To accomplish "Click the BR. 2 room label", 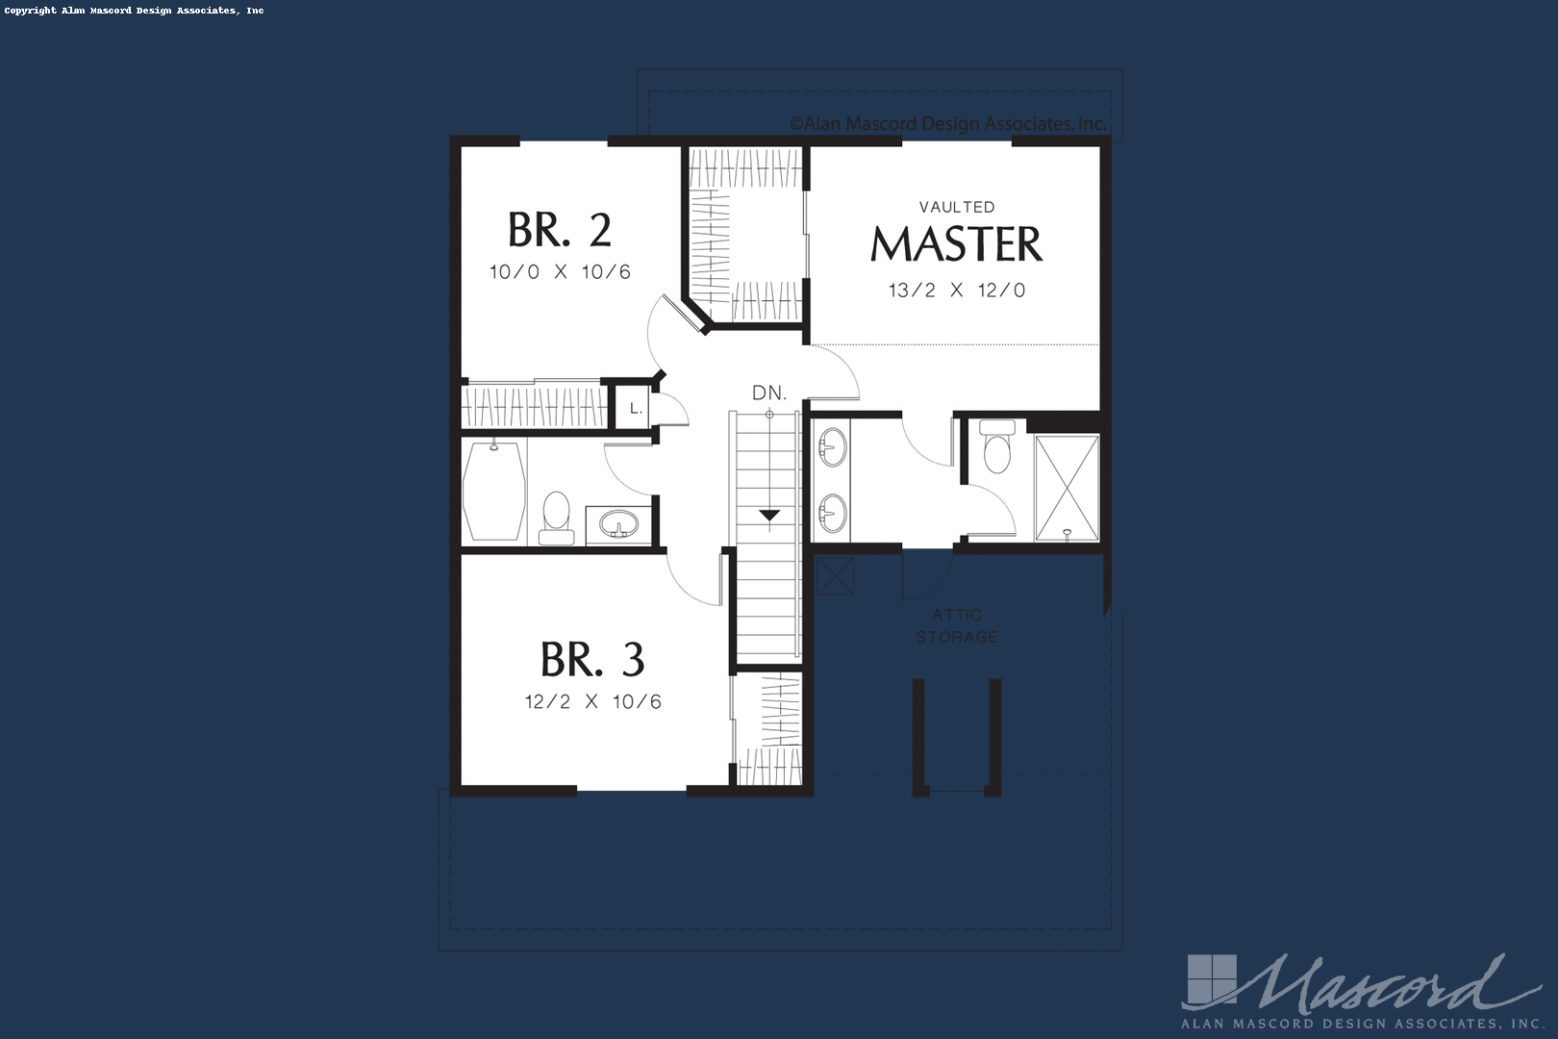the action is tap(560, 230).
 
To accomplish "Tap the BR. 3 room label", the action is tap(592, 659).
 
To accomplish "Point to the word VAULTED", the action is tap(957, 207).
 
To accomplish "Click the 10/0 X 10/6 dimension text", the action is tap(560, 271).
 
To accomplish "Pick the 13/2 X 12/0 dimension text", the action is tap(957, 291).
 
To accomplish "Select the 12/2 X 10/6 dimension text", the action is tap(592, 701).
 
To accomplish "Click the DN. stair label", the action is tap(769, 393).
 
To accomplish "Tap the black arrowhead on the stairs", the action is tap(769, 515).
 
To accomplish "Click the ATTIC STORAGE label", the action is tap(957, 625).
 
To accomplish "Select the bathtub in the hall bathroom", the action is tap(493, 491).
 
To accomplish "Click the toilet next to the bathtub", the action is tap(557, 518).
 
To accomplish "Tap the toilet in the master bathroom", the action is tap(997, 446).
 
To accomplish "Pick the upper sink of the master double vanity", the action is tap(833, 447).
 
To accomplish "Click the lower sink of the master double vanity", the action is tap(833, 514).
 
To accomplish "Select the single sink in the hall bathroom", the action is tap(618, 523).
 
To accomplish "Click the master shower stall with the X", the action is tap(1067, 487).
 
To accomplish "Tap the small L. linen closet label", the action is tap(635, 408).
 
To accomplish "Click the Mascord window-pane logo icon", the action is tap(1212, 980).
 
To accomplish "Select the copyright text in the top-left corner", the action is tap(135, 11).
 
